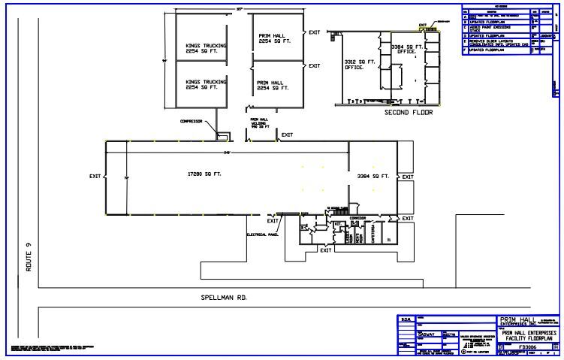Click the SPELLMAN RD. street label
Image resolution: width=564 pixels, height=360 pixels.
pos(224,297)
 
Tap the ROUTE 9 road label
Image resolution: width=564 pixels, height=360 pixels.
pos(29,256)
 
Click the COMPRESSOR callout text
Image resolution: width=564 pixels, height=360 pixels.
pos(191,121)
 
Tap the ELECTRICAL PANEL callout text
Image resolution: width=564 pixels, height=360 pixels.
pos(262,234)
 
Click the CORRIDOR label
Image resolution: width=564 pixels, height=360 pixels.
pos(357,218)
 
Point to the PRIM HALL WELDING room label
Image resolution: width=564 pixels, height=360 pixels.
pos(260,123)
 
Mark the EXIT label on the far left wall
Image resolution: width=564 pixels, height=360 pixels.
pos(95,177)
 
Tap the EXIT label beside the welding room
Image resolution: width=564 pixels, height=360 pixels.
pos(287,135)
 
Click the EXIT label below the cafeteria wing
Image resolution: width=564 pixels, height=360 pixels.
pos(325,250)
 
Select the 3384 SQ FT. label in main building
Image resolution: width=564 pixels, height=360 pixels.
pos(372,176)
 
